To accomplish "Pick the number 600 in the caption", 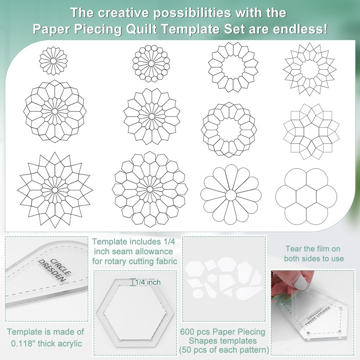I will (x=190, y=332).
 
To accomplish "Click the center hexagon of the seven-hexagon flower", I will (x=306, y=196).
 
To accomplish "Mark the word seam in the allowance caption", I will (x=122, y=251).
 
